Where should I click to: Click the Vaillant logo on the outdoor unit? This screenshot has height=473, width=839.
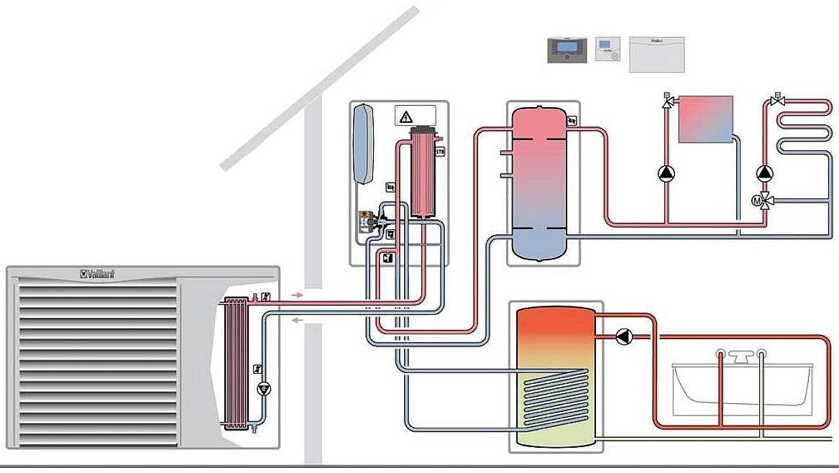click(x=97, y=274)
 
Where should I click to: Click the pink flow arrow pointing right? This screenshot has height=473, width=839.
click(x=298, y=295)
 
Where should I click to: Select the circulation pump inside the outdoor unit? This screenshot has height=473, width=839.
click(x=264, y=389)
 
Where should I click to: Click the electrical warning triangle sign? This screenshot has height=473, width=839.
click(x=406, y=116)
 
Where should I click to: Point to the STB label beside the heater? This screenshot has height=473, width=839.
click(x=440, y=152)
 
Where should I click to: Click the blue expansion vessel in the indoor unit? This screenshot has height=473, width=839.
click(x=365, y=143)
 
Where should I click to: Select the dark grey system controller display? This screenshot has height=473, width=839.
click(x=567, y=50)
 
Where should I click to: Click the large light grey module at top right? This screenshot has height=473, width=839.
click(x=656, y=55)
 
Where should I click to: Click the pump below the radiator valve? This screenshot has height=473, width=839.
click(x=667, y=173)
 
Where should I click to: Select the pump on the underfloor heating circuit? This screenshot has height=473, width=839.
click(x=764, y=173)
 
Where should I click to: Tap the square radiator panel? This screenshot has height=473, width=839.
click(x=705, y=119)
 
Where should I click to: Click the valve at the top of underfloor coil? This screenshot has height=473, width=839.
click(x=776, y=101)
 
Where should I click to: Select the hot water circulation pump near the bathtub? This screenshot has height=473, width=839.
click(x=623, y=335)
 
